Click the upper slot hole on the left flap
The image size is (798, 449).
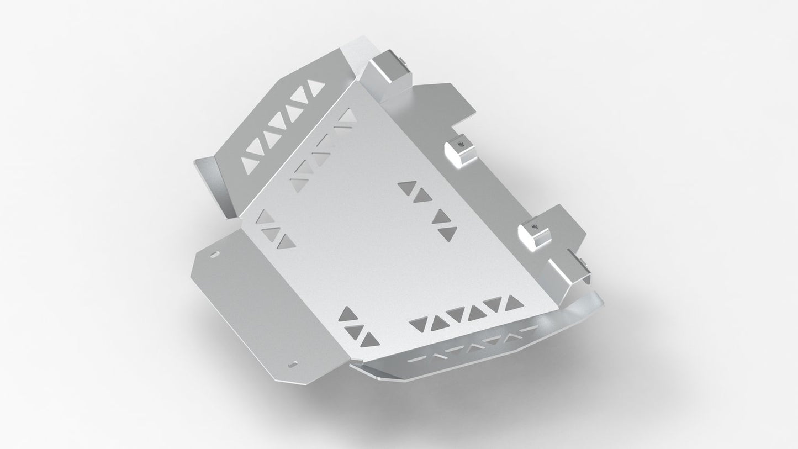pos(214,255)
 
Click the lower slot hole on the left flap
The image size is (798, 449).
pos(293,364)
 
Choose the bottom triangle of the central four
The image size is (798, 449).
pos(448,234)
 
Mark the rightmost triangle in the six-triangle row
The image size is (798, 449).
pos(513,301)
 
